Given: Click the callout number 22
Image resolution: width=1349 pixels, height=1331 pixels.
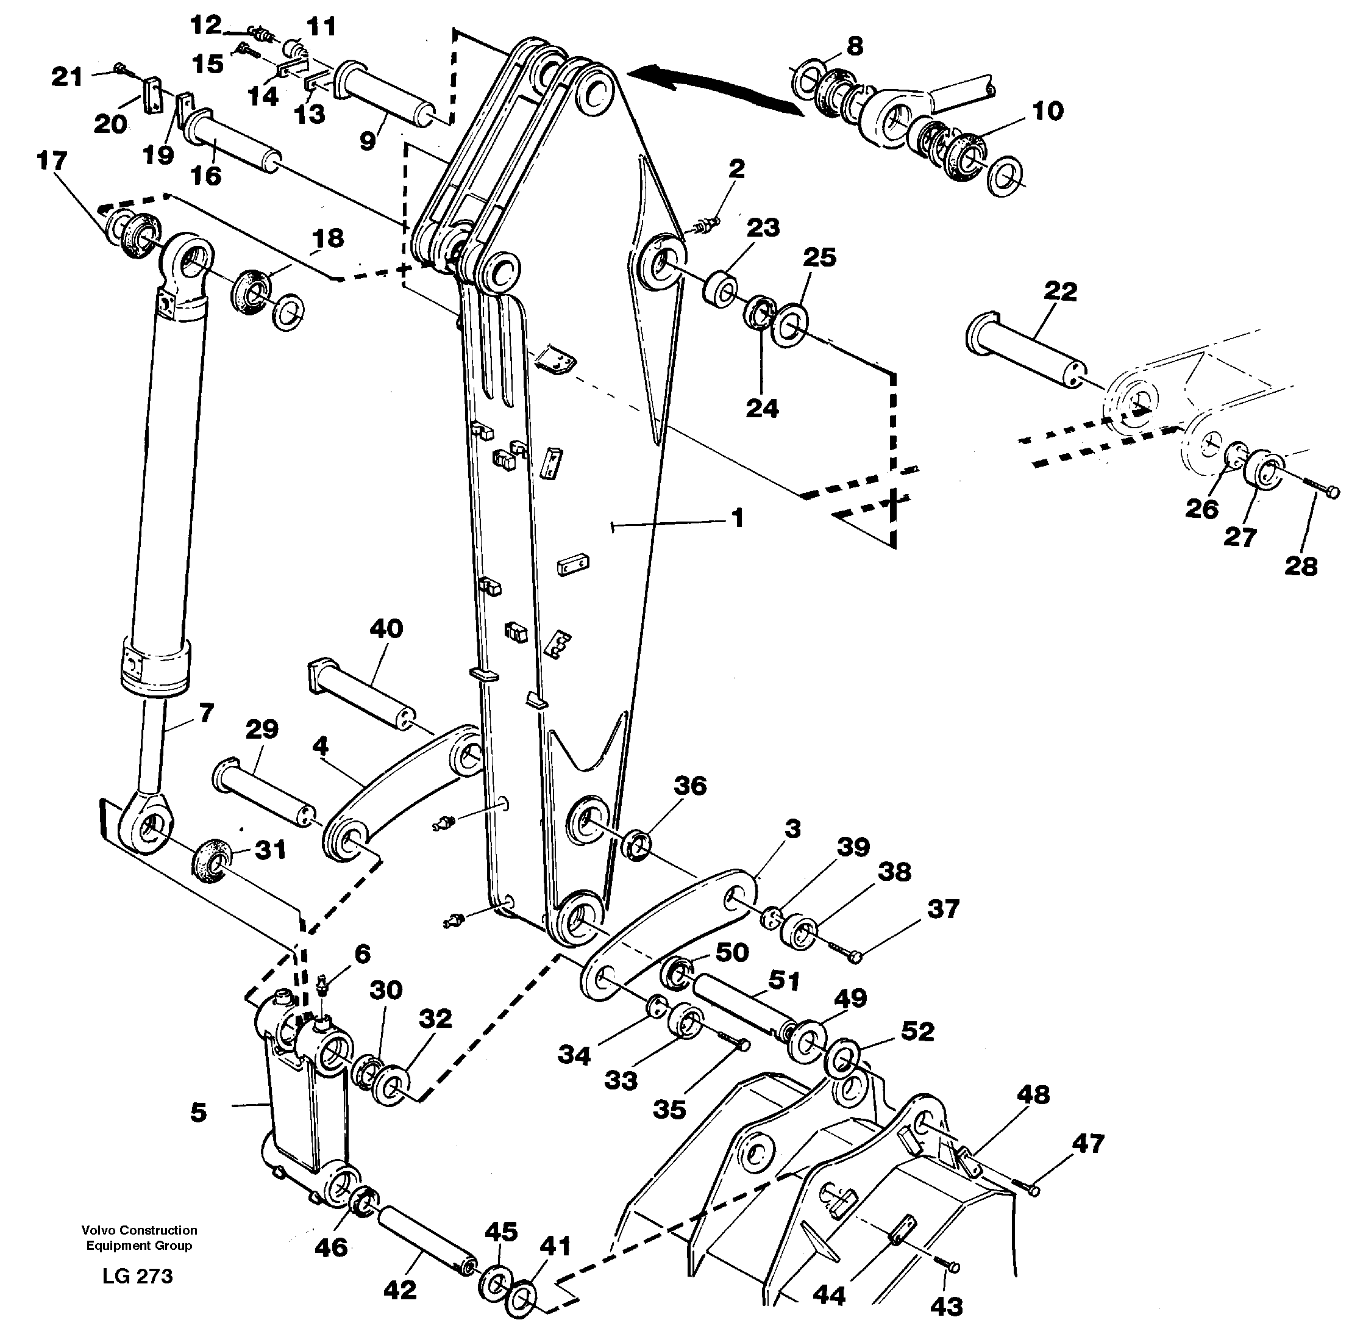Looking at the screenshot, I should click(1060, 292).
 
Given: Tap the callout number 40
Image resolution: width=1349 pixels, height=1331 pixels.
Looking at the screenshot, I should click(385, 628).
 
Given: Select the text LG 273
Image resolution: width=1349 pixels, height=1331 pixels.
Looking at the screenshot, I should click(138, 1276).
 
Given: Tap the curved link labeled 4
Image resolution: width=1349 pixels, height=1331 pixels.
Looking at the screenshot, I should click(398, 797).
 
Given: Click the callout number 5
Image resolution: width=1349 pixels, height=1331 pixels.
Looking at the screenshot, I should click(198, 1111).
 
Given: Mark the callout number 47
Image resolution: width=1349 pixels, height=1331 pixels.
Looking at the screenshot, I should click(1088, 1143).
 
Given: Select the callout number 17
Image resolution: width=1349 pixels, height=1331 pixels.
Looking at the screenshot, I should click(52, 162).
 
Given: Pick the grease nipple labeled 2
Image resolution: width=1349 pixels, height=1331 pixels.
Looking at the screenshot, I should click(707, 225).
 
